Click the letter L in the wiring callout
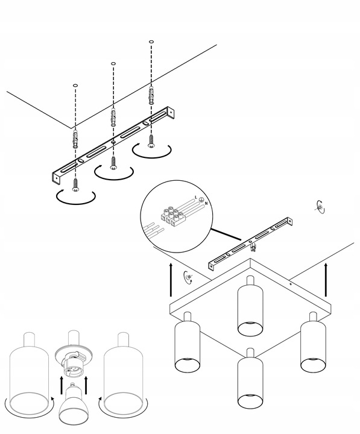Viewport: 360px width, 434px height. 195,198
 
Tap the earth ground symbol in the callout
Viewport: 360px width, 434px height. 202,200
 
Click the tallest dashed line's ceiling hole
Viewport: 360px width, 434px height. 151,42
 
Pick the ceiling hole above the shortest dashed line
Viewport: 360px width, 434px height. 75,86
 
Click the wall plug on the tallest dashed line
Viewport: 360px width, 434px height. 151,94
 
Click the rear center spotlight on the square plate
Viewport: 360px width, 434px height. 249,307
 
